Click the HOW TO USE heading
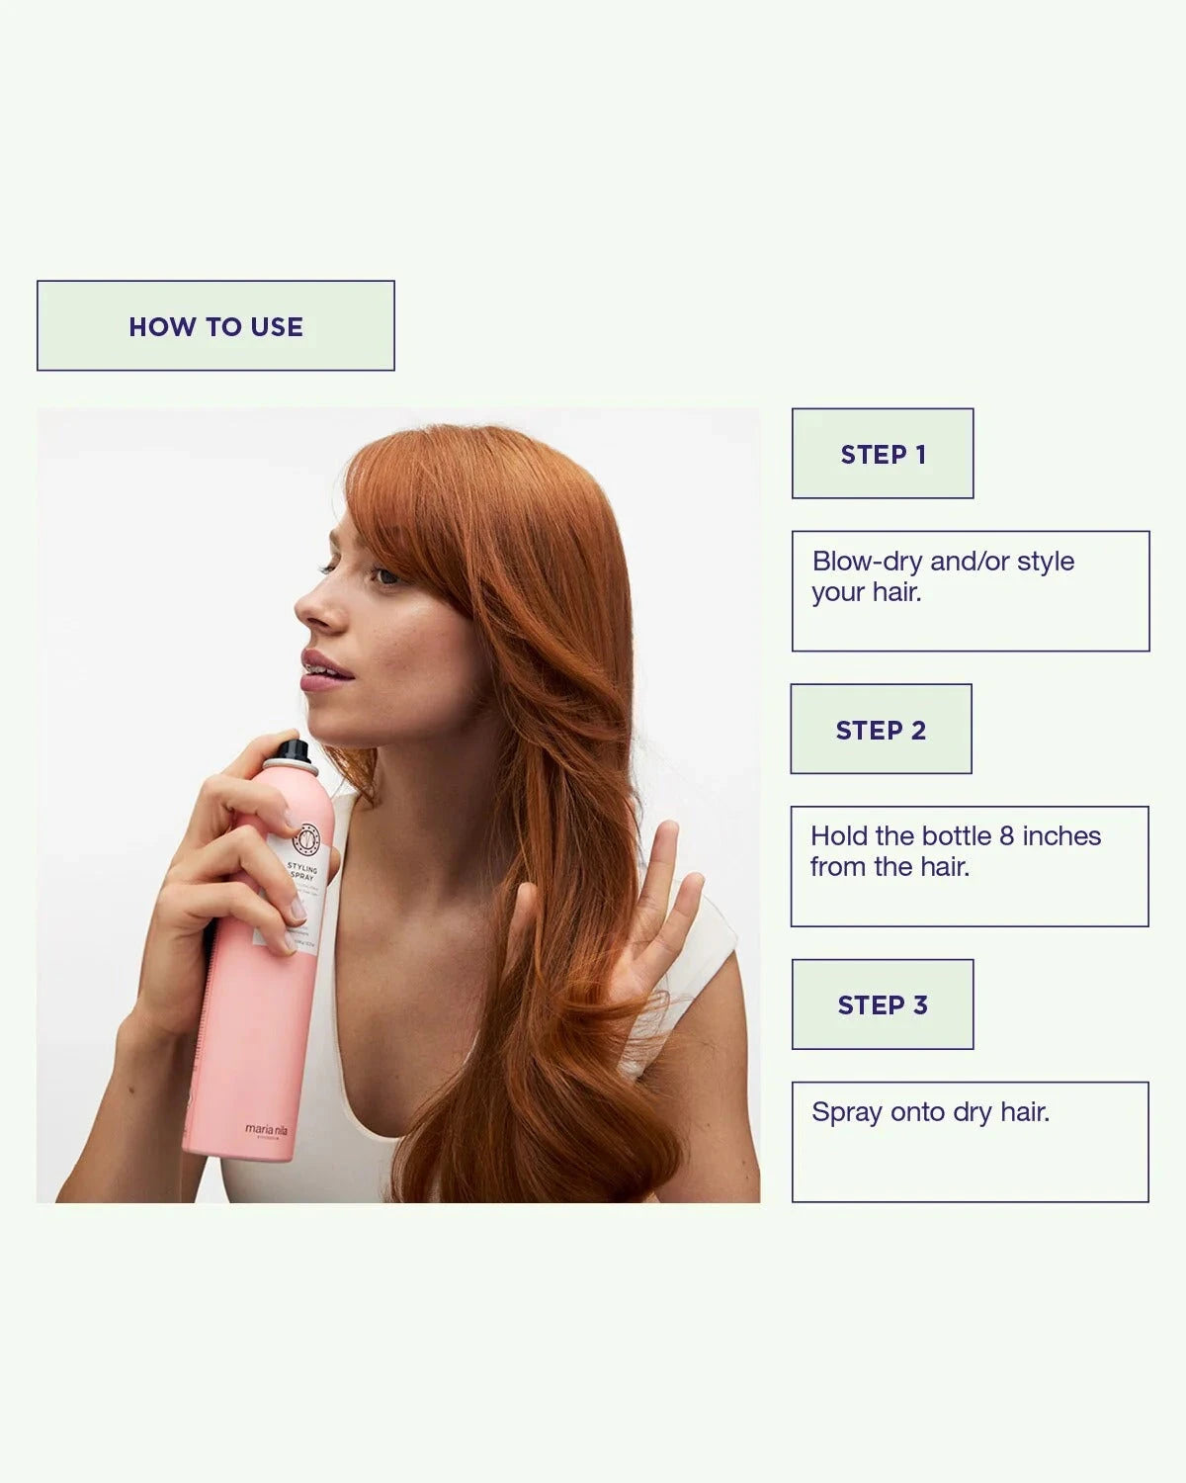pyautogui.click(x=215, y=326)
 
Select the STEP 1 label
pyautogui.click(x=883, y=455)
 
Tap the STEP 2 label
pyautogui.click(x=881, y=730)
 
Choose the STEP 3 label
pyautogui.click(x=883, y=1005)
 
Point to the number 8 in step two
pyautogui.click(x=1006, y=836)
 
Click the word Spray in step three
pyautogui.click(x=847, y=1113)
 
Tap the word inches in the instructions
pyautogui.click(x=1061, y=836)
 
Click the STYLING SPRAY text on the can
pyautogui.click(x=302, y=872)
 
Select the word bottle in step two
pyautogui.click(x=958, y=836)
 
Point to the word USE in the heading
pyautogui.click(x=277, y=326)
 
